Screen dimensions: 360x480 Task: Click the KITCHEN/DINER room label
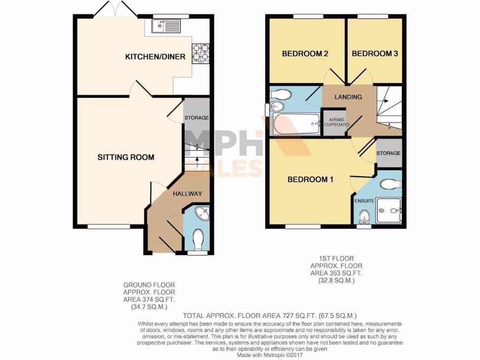pos(155,57)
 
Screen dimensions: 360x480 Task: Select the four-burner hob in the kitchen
pos(200,53)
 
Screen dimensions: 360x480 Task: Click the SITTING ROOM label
pos(126,157)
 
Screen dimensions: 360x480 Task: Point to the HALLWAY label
pos(187,194)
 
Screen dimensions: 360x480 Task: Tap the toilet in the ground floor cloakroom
pos(198,239)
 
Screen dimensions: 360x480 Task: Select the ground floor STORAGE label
pos(196,118)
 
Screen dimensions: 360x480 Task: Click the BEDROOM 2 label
pos(305,54)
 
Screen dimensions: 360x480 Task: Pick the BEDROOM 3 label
pos(375,54)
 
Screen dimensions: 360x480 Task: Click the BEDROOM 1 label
pos(310,180)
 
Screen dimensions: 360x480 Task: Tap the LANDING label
pos(348,97)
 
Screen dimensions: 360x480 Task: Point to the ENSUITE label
pos(364,201)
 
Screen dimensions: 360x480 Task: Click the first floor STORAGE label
pos(389,153)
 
